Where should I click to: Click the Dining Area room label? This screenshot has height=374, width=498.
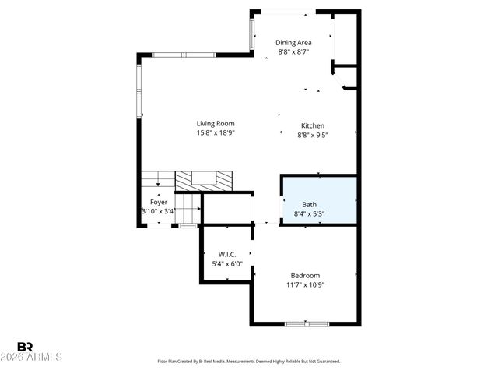tap(294, 42)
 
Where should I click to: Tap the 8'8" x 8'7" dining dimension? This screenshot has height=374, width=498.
tap(294, 52)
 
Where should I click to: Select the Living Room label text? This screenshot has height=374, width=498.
tap(216, 123)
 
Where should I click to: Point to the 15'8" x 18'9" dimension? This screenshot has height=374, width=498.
tap(216, 133)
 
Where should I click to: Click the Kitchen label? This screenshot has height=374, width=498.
tap(313, 125)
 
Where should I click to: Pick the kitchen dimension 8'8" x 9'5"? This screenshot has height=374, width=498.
tap(313, 136)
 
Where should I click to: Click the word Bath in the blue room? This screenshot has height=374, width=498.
tap(310, 204)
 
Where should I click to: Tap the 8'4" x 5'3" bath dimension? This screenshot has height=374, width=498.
tap(310, 214)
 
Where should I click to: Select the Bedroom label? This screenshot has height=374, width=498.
tap(305, 275)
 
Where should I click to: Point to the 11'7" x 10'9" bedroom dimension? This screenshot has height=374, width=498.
tap(305, 285)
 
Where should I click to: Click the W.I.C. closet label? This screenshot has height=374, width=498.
tap(227, 254)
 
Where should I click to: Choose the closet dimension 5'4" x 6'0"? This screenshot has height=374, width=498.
tap(227, 264)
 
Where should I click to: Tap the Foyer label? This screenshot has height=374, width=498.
tap(159, 202)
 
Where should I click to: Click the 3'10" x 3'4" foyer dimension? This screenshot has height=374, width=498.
tap(159, 211)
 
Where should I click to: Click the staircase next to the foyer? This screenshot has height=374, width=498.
tap(157, 180)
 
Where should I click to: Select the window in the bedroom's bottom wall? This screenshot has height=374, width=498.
tap(306, 323)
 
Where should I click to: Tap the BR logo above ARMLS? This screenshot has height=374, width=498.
tap(25, 346)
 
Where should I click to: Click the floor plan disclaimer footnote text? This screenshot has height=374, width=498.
tap(249, 362)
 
